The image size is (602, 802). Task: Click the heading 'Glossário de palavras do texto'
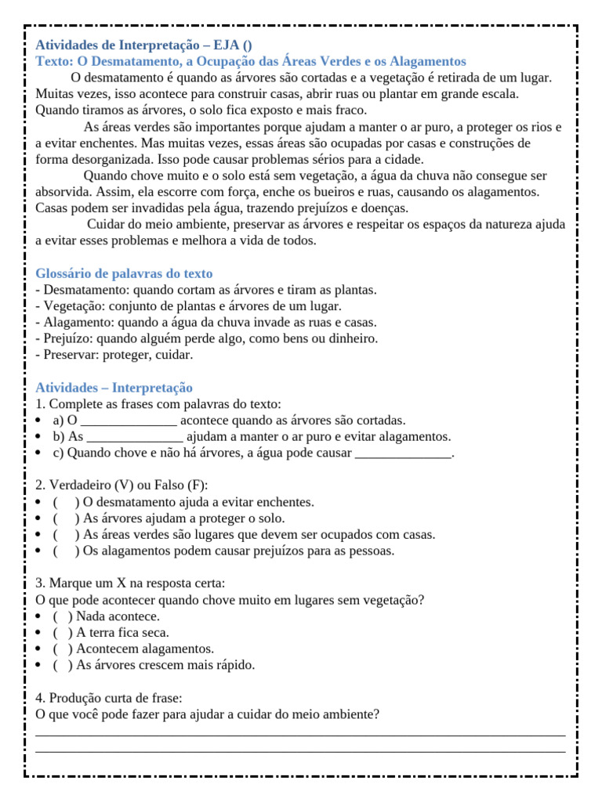pos(124,273)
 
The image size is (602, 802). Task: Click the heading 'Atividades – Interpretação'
pos(114,388)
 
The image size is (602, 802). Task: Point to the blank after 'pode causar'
pos(404,453)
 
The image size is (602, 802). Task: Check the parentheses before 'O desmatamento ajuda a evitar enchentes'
pos(66,502)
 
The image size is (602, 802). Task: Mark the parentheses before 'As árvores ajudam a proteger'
pos(66,518)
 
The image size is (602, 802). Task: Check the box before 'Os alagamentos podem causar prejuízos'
pos(66,551)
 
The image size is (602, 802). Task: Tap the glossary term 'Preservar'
pos(70,355)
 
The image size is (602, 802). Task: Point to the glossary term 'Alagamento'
pos(77,323)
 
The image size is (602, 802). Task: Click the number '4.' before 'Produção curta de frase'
pos(41,698)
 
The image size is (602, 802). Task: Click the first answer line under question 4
pos(300,734)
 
